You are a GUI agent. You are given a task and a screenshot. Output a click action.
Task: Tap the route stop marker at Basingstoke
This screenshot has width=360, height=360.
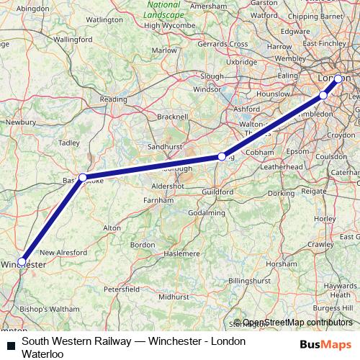click(x=83, y=176)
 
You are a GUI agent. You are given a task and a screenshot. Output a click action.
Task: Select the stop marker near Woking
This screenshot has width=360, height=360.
click(x=222, y=156)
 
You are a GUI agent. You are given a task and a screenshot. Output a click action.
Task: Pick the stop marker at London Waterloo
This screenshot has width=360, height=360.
click(x=338, y=78)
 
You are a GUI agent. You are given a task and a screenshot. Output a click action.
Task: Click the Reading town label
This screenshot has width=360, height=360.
click(x=113, y=99)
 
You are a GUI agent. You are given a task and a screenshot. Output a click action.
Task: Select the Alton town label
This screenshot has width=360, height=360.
click(x=112, y=228)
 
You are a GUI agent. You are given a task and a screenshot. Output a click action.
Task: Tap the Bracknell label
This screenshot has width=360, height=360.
click(x=173, y=115)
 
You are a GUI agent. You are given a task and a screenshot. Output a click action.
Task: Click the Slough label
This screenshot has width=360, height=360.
click(x=212, y=76)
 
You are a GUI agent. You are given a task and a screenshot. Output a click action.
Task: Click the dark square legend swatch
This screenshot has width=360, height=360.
click(x=11, y=346)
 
